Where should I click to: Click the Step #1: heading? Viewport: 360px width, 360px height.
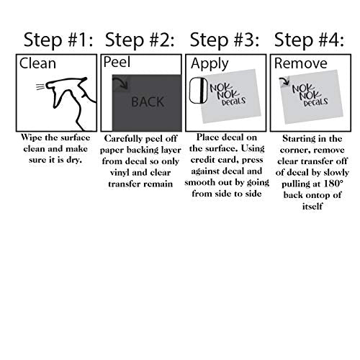[x=58, y=40]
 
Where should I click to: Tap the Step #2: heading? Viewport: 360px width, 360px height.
[x=140, y=40]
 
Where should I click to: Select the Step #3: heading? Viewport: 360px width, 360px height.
[x=225, y=40]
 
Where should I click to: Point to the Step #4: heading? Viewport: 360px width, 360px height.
[x=309, y=40]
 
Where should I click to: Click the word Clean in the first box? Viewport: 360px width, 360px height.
[x=37, y=63]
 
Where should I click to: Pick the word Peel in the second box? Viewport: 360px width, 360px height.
[x=117, y=62]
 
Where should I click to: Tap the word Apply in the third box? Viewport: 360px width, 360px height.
[x=210, y=64]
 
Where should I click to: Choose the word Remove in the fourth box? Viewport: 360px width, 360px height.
[x=301, y=63]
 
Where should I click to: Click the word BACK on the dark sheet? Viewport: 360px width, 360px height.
[x=148, y=102]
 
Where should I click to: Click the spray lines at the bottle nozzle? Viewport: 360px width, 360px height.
[x=40, y=86]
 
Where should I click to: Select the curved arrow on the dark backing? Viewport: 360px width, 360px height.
[x=121, y=83]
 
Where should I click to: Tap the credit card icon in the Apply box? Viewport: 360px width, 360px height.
[x=199, y=91]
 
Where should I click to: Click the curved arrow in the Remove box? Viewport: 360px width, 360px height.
[x=284, y=81]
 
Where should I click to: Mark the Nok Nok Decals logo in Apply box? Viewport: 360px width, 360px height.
[x=228, y=94]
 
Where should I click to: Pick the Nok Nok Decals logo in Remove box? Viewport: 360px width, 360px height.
[x=310, y=95]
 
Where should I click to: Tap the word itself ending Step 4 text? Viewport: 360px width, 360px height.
[x=312, y=206]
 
